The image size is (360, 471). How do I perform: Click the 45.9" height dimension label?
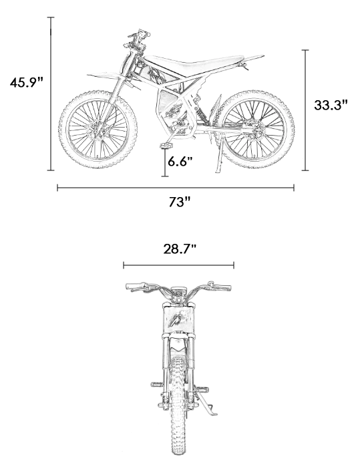(27, 82)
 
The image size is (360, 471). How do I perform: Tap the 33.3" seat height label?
(331, 105)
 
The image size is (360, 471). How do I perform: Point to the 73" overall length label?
(180, 202)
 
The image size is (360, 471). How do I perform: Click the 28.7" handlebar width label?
(180, 249)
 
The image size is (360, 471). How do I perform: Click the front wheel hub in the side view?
(98, 130)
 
